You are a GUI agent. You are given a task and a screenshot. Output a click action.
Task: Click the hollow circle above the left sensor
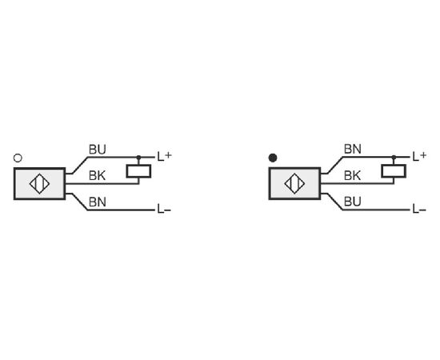coord(18,158)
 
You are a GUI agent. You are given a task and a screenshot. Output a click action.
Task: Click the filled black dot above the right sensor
coord(273,158)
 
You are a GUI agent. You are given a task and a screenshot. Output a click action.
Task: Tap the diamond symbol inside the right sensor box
coord(294,184)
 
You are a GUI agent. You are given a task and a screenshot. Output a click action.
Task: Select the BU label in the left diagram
coord(98,150)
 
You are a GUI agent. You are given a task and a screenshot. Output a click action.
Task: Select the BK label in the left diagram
coord(97,176)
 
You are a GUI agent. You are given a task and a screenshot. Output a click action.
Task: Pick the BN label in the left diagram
coord(98,202)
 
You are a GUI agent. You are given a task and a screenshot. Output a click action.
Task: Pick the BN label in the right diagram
coord(353,150)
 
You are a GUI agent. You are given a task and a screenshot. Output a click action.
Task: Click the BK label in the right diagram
coord(352,176)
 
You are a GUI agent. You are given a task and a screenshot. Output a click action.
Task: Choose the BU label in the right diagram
coord(353,202)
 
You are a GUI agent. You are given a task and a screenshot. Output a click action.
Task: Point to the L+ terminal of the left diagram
coord(164,156)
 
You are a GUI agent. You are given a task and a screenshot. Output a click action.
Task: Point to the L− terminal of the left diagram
coord(164,209)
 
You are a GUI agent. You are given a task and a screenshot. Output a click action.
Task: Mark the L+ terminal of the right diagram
coord(419,156)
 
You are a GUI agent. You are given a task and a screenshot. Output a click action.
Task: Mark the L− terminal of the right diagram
coord(419,209)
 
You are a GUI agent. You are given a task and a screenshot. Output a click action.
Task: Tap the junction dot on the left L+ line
coord(138,158)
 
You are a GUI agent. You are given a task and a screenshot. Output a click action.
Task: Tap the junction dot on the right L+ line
coord(394,158)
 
